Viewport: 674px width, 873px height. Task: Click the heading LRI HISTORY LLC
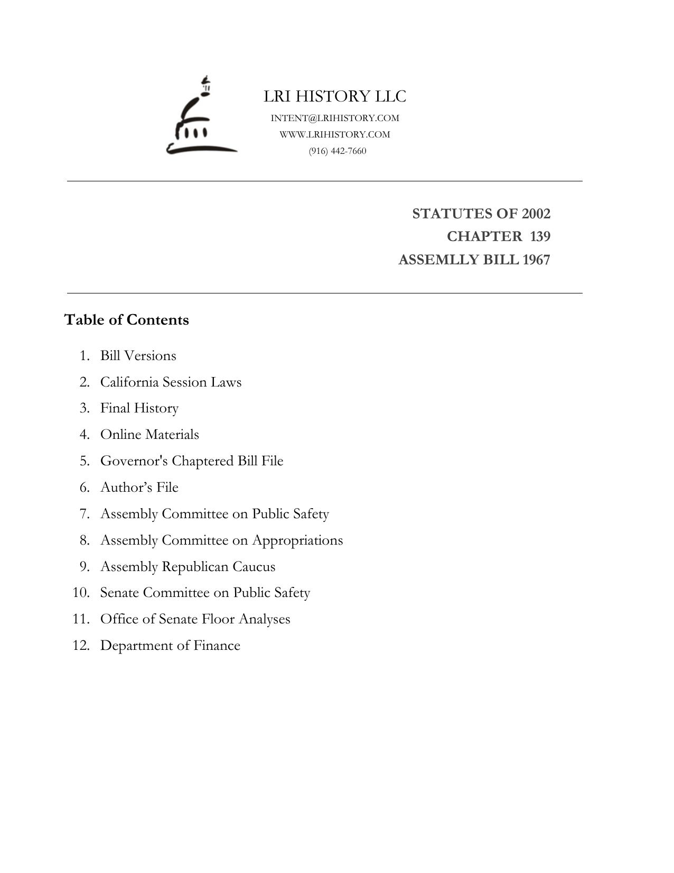pos(335,96)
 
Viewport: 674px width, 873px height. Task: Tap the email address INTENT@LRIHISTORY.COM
pos(335,118)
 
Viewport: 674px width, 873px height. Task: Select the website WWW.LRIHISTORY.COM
pos(335,134)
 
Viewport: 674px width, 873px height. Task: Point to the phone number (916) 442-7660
pos(338,151)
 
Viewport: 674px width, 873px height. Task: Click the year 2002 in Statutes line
pos(536,214)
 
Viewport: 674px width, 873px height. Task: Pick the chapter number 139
pos(540,236)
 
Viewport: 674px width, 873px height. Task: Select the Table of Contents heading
pos(127,320)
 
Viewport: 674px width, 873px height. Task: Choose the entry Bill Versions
pos(138,356)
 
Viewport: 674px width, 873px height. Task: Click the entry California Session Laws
pos(171,382)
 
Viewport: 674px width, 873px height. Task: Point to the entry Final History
pos(139,408)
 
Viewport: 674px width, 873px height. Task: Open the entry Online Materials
pos(149,435)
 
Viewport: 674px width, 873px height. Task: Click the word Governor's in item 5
pos(134,461)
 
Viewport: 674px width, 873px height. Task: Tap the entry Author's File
pos(139,488)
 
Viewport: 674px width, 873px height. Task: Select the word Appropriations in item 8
pos(297,540)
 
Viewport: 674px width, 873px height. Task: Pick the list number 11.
pos(81,619)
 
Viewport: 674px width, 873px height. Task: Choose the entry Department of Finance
pos(170,646)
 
